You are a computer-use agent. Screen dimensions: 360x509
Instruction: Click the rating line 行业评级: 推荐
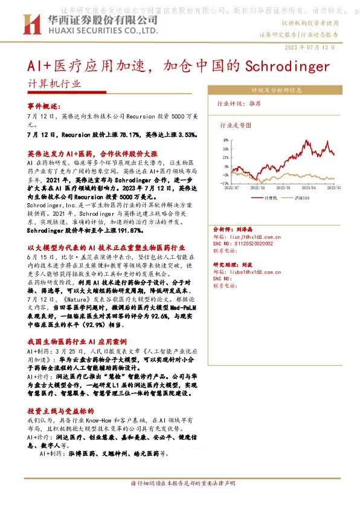tap(239, 103)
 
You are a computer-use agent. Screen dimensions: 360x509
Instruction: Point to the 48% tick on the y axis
tap(225, 140)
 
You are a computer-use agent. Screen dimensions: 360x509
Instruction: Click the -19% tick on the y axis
tap(224, 183)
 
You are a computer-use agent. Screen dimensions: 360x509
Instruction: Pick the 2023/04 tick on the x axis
tap(302, 188)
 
